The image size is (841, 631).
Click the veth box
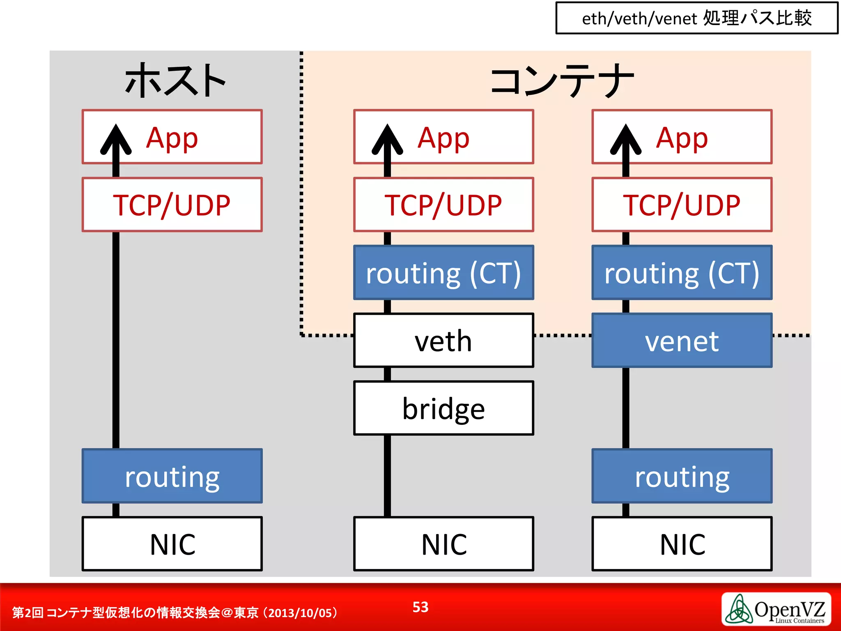(443, 341)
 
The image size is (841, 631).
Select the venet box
(682, 341)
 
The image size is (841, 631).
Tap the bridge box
(443, 408)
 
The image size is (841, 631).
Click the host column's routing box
(172, 476)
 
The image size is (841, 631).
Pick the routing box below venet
(682, 476)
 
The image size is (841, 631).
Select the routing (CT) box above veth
(443, 273)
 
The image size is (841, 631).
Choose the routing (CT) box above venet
(682, 273)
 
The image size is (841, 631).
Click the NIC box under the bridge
(443, 544)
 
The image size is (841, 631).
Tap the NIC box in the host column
(172, 544)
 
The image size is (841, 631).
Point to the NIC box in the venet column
(682, 544)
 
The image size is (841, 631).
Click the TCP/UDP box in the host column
(172, 205)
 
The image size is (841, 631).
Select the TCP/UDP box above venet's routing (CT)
(682, 205)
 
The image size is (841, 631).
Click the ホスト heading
(175, 81)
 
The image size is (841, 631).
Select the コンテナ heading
(562, 81)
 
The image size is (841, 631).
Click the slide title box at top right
(696, 18)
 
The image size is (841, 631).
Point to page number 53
(420, 607)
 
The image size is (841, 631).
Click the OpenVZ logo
(776, 609)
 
